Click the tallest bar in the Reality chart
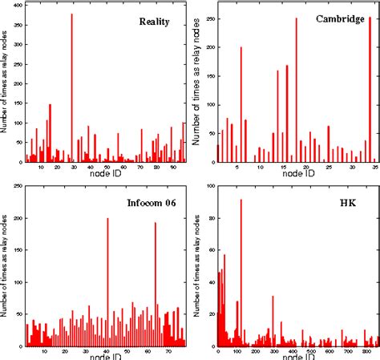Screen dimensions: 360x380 (x=71, y=88)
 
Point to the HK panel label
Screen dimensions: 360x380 (x=349, y=202)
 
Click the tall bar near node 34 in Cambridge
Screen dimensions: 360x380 (x=370, y=88)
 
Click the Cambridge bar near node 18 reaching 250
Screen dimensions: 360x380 (x=296, y=88)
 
